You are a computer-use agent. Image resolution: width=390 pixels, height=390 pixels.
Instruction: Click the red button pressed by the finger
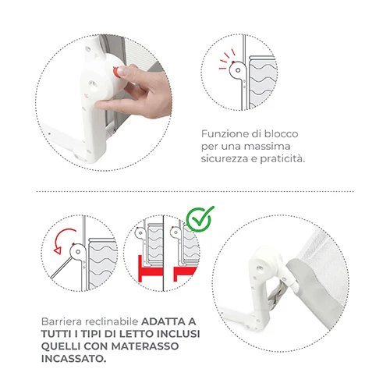tap(116, 72)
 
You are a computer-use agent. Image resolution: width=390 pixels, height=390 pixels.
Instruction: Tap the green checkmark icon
tap(200, 219)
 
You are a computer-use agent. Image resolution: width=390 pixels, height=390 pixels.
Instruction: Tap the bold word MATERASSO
tap(145, 346)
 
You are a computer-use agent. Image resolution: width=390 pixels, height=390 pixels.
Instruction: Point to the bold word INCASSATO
tap(73, 359)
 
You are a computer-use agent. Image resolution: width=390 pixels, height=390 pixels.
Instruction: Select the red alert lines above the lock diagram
tap(227, 59)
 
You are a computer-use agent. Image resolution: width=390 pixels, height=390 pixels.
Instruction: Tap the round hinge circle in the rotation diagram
tap(78, 252)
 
